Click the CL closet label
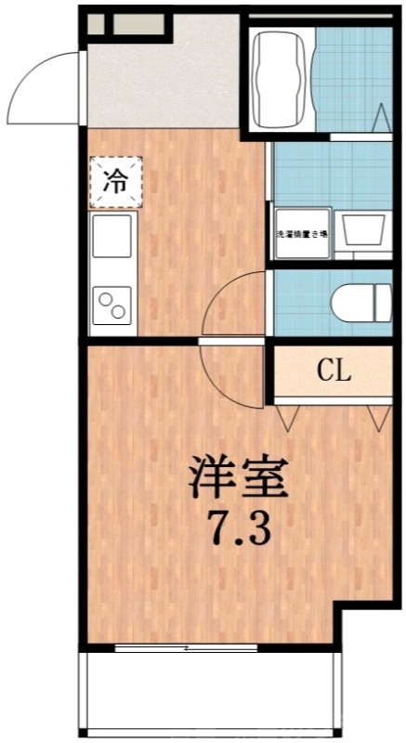click(x=334, y=373)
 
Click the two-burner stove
click(x=112, y=306)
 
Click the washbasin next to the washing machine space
click(x=363, y=228)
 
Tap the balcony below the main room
click(x=209, y=692)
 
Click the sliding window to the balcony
click(x=186, y=647)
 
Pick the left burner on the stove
click(x=105, y=300)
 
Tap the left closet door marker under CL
click(x=285, y=418)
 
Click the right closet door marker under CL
click(x=380, y=418)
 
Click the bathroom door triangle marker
click(x=382, y=120)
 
